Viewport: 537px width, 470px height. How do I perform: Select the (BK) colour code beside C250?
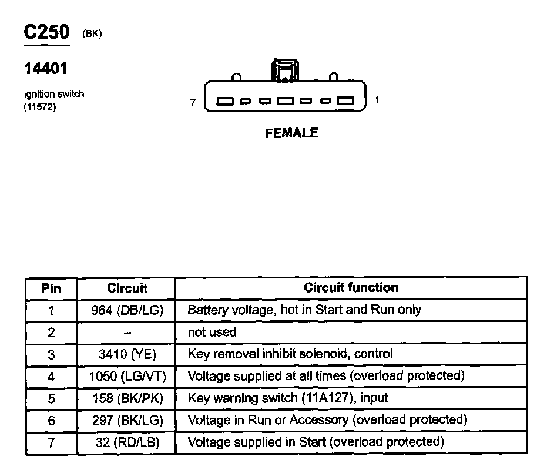point(93,34)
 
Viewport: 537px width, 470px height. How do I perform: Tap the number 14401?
point(46,69)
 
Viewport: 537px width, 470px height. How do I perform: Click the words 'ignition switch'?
point(54,94)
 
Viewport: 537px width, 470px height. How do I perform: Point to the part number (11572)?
point(40,107)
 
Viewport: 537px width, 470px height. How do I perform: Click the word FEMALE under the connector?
point(291,133)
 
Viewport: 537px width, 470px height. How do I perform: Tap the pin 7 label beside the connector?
point(193,102)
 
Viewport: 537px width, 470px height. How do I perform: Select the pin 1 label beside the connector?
point(377,100)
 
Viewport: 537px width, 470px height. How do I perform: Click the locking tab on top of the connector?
point(284,70)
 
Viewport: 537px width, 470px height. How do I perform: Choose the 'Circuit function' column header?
point(351,288)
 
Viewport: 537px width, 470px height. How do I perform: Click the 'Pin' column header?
point(51,288)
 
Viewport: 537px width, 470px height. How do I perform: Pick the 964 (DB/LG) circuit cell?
point(127,310)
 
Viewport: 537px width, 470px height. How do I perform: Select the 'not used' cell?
point(212,332)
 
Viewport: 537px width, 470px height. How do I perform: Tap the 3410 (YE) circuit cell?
point(127,354)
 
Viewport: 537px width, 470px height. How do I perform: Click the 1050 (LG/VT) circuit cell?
point(127,376)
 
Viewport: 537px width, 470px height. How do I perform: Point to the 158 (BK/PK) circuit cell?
point(127,398)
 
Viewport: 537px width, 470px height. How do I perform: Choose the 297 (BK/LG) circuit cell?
point(127,420)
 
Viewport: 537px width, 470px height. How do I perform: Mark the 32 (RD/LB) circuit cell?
point(127,442)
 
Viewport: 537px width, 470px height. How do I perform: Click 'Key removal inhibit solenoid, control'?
point(290,354)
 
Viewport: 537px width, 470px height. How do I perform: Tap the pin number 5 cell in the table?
point(51,398)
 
